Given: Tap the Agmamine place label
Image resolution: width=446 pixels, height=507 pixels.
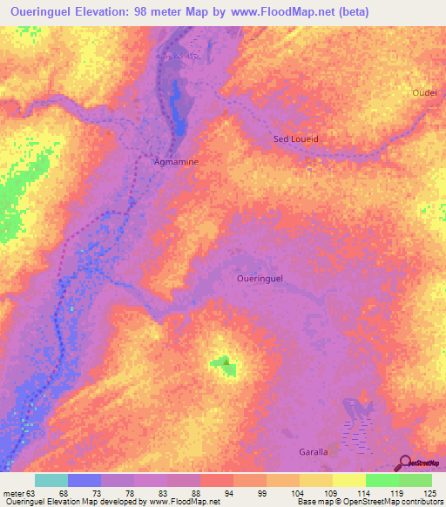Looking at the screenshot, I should tap(176, 162).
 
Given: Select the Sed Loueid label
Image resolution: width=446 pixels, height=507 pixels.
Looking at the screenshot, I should tap(296, 139).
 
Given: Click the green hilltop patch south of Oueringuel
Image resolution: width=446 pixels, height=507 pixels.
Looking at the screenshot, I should tap(225, 366).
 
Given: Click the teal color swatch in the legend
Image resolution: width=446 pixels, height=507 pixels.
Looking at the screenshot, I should tap(51, 480).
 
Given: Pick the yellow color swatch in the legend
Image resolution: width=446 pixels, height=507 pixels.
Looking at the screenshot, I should tap(348, 480).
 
